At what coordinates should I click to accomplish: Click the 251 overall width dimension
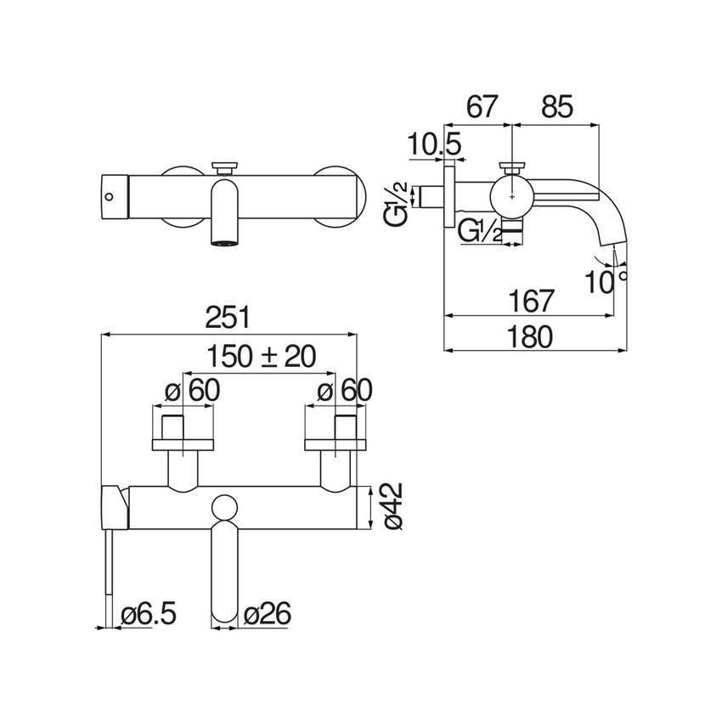pos(228,318)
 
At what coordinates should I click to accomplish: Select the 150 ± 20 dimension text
pos(262,356)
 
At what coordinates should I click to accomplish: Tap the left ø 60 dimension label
pos(193,391)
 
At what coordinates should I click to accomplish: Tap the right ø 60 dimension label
pos(344,391)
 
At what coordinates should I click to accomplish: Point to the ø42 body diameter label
pos(392,507)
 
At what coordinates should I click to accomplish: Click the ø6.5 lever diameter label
pos(149,614)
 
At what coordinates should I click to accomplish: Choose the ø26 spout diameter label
pos(267,614)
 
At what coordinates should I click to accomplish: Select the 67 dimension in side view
pos(482,107)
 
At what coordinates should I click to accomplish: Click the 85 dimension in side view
pos(556,107)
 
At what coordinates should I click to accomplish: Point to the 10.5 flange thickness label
pos(435,145)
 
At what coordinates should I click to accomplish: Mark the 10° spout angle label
pos(606,282)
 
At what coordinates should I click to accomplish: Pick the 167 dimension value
pos(532,302)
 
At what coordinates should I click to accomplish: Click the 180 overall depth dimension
pos(529,336)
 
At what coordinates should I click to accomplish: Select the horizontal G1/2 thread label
pos(480,231)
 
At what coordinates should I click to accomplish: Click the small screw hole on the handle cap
pos(109,197)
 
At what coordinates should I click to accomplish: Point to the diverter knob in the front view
pos(225,167)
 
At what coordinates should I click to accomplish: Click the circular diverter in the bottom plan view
pos(225,507)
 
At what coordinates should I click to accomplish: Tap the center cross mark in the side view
pos(512,196)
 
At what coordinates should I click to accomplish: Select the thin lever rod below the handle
pos(109,578)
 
